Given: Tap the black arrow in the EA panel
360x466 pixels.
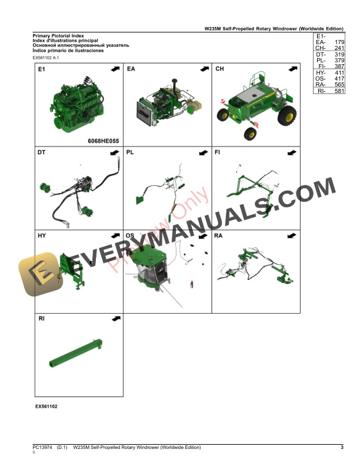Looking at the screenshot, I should coord(204,69).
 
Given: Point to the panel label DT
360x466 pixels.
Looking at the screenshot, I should coord(42,153).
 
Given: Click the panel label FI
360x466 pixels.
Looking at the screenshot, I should coord(218,153).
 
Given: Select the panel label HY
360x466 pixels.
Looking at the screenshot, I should coord(42,236).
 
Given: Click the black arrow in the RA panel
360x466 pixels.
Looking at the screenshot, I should coord(292,237).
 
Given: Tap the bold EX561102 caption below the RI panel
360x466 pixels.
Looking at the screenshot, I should coord(46,406).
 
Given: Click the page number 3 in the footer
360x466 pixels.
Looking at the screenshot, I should coord(342,448).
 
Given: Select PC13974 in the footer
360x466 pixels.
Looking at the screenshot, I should coord(43,448).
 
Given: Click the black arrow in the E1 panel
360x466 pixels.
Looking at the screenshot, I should coord(115,69).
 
